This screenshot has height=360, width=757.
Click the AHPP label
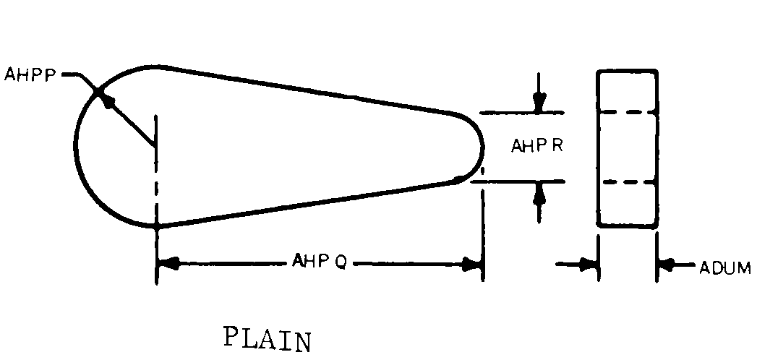(30, 74)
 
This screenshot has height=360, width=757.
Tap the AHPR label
(537, 146)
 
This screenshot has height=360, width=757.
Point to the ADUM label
(724, 268)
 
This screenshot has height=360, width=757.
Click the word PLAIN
(268, 338)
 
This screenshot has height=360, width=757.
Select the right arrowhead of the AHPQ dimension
(473, 265)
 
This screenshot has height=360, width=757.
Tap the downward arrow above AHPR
(538, 103)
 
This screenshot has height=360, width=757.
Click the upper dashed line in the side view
(627, 113)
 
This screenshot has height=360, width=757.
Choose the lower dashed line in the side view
(627, 183)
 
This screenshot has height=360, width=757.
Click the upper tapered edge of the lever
(311, 90)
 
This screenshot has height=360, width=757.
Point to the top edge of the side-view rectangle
(627, 71)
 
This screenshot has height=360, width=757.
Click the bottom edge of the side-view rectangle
(627, 227)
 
